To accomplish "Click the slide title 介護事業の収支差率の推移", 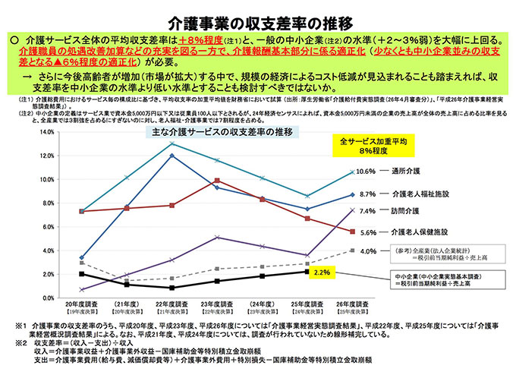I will (257, 15).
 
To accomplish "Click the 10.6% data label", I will (367, 171).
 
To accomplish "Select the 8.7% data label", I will (367, 194).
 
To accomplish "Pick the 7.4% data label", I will (367, 211).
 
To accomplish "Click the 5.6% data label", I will (367, 232).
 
